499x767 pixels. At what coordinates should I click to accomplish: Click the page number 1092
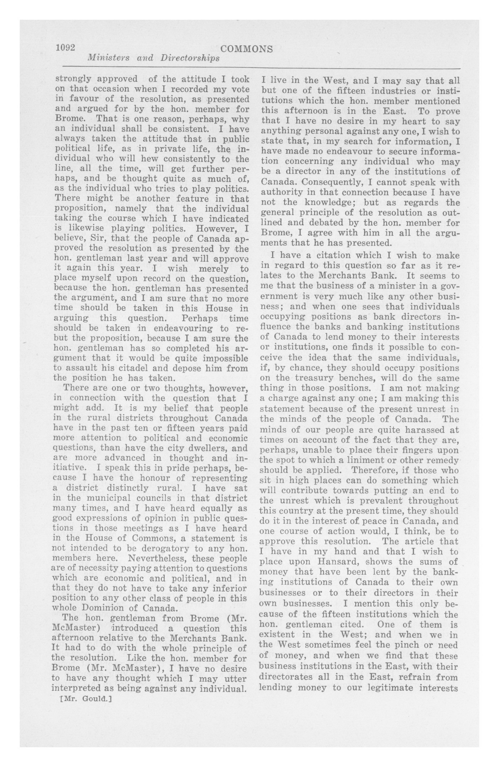[65, 48]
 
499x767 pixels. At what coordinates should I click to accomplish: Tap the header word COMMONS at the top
[247, 49]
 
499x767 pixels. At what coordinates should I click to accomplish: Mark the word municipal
[107, 498]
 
